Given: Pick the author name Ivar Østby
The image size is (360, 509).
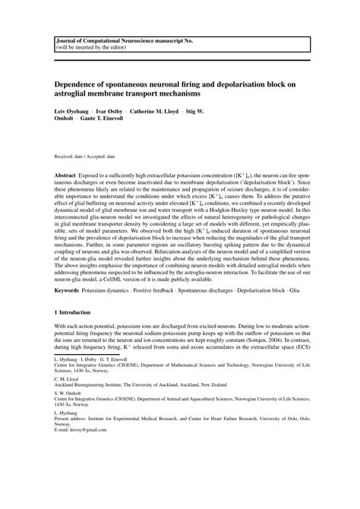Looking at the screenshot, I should pyautogui.click(x=116, y=110).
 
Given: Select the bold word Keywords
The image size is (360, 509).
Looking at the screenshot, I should pyautogui.click(x=68, y=311).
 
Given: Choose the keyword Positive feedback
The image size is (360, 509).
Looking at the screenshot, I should pyautogui.click(x=162, y=311).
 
